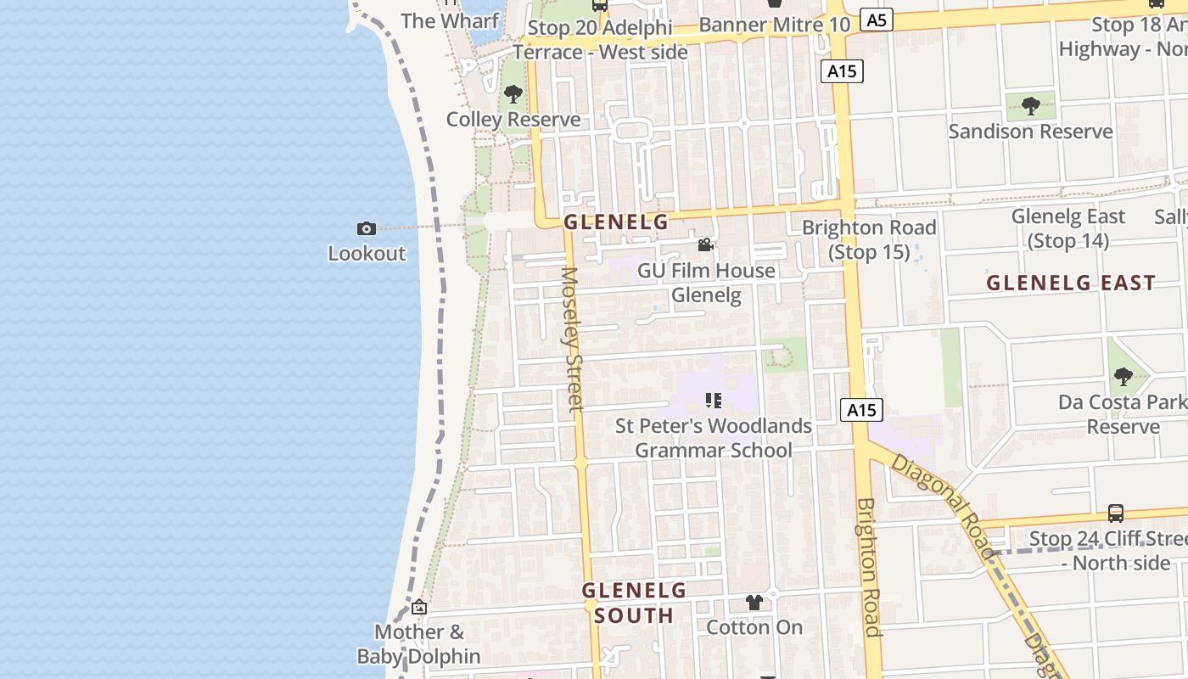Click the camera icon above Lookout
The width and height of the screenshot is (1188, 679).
[x=367, y=228]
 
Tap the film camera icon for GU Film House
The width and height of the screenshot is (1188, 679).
[x=705, y=245]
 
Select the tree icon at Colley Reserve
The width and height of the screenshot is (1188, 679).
[x=513, y=94]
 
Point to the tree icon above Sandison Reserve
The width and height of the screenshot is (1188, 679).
[x=1031, y=106]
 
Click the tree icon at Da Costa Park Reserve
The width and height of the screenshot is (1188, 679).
[x=1124, y=376]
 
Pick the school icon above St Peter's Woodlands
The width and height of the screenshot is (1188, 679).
[x=714, y=400]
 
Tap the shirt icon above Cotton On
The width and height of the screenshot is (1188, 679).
[x=754, y=603]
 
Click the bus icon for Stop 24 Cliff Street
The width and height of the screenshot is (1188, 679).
[x=1116, y=513]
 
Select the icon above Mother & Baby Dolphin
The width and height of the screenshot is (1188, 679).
[x=419, y=607]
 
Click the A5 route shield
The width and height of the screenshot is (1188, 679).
[x=877, y=20]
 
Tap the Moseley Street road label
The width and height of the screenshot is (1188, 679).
[x=573, y=339]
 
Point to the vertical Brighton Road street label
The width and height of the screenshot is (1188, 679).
[x=869, y=566]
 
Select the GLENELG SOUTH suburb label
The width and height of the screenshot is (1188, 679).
[x=634, y=603]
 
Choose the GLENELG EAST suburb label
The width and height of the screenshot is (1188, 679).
[x=1071, y=283]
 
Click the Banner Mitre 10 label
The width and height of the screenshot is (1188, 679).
[x=774, y=25]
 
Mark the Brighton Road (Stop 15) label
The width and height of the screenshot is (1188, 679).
[x=869, y=239]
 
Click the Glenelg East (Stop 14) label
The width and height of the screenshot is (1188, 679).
[x=1068, y=228]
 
